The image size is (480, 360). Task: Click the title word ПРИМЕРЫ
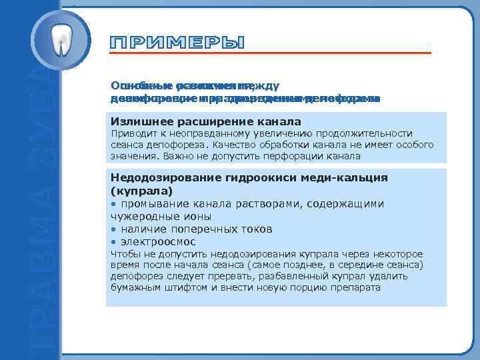point(177,43)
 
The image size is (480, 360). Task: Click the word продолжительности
point(370,133)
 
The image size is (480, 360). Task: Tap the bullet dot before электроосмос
point(114,241)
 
